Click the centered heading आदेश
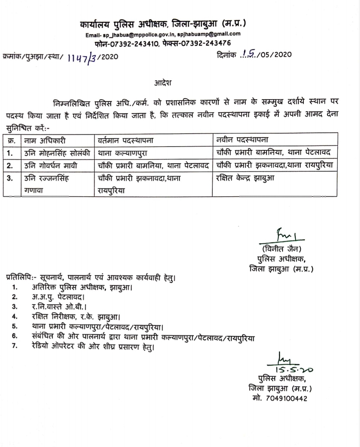point(163,83)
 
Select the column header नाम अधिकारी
point(45,140)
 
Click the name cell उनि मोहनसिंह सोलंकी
point(57,153)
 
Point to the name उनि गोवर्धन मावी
point(52,165)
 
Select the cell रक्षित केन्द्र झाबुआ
point(245,178)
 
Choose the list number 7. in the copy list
point(14,347)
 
